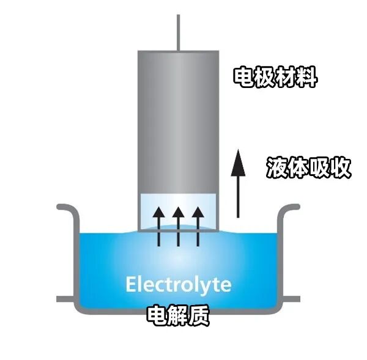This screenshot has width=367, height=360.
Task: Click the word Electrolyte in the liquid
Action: pyautogui.click(x=178, y=285)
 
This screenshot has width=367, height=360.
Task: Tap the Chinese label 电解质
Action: pyautogui.click(x=178, y=315)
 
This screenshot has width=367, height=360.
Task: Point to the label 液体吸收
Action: pyautogui.click(x=309, y=167)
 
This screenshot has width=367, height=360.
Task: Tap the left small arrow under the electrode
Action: pyautogui.click(x=158, y=225)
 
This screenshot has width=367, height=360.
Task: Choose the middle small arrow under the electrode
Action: pyautogui.click(x=178, y=225)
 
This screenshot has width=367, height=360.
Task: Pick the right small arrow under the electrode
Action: pyautogui.click(x=197, y=225)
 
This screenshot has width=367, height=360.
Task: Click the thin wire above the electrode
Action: pyautogui.click(x=178, y=31)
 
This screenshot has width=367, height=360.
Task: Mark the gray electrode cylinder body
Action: pyautogui.click(x=178, y=122)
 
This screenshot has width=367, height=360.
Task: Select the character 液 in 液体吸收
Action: pyautogui.click(x=276, y=167)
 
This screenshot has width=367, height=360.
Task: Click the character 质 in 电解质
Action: pyautogui.click(x=199, y=315)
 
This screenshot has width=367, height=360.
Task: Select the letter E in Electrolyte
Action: pyautogui.click(x=131, y=285)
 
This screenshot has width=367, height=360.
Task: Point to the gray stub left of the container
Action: pyautogui.click(x=64, y=299)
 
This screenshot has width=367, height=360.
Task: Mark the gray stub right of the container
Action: pyautogui.click(x=292, y=299)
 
